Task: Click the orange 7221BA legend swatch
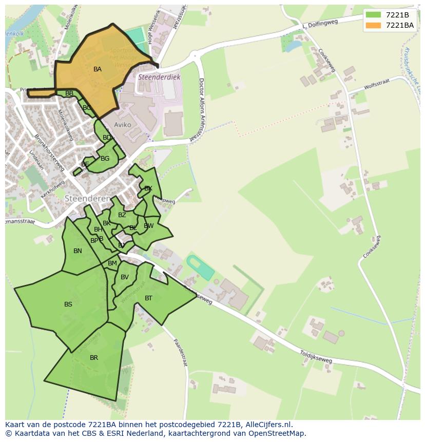click(x=374, y=25)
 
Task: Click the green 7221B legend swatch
click(x=374, y=15)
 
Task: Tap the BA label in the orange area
click(x=97, y=69)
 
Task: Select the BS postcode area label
click(x=68, y=304)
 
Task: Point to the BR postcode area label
click(x=94, y=358)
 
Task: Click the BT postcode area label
click(x=148, y=298)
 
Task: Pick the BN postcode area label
click(x=78, y=251)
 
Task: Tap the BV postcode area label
click(x=125, y=277)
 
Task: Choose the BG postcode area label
click(x=105, y=159)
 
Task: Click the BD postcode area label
click(x=107, y=138)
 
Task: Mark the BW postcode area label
click(x=149, y=226)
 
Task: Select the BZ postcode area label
click(x=122, y=215)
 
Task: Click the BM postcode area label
click(x=112, y=263)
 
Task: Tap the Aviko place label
click(x=123, y=125)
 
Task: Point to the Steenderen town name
click(x=87, y=198)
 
